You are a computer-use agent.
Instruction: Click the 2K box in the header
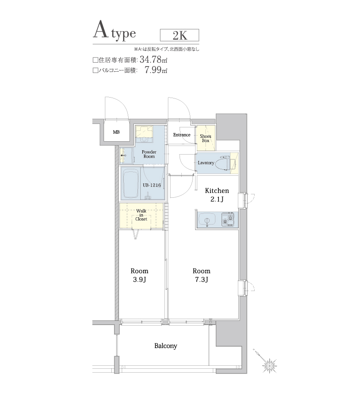coord(179,35)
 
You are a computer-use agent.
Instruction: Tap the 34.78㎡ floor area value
coord(154,60)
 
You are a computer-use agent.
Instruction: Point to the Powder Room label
coord(149,155)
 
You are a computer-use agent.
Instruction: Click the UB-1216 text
coord(152,185)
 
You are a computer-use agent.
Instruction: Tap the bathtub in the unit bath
coord(131,184)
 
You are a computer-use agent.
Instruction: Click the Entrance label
coord(182,135)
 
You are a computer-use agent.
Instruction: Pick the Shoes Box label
coord(205,138)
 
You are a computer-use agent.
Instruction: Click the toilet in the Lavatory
coord(224,163)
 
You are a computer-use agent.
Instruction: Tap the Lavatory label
coord(206,163)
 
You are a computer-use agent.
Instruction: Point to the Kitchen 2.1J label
coord(217,194)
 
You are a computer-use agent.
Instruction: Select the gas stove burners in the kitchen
coord(228,220)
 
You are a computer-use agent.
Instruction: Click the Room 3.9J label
coord(139,275)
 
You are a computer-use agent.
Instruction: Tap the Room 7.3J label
coord(202,275)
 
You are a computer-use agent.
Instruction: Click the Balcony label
coord(166,346)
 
